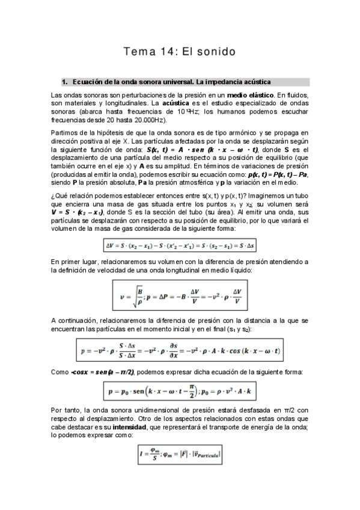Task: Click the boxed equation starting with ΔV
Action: (180, 245)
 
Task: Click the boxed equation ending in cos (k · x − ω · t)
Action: (180, 350)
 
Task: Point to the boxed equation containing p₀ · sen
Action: (180, 391)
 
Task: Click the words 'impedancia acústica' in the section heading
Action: (239, 81)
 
